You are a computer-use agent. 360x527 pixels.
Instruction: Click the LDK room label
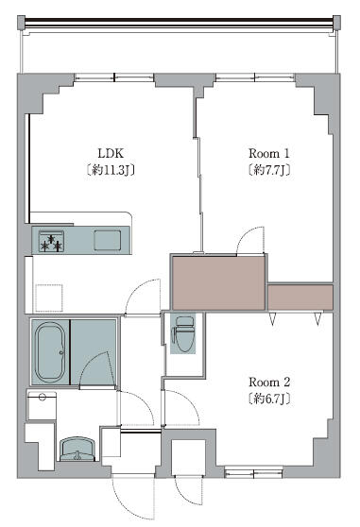click(x=111, y=153)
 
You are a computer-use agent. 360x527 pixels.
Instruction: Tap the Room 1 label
click(x=269, y=153)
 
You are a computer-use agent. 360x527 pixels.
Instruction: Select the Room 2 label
click(x=269, y=382)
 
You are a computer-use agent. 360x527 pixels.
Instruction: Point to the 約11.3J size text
click(x=111, y=170)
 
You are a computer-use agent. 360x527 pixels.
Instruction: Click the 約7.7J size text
click(x=269, y=170)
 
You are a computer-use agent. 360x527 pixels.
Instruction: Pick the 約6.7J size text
click(x=269, y=399)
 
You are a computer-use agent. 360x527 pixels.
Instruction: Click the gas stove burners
click(x=51, y=242)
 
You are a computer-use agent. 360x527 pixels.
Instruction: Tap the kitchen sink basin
click(x=107, y=240)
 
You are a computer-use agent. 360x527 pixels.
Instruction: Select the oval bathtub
click(x=50, y=351)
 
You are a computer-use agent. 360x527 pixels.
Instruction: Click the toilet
click(x=183, y=334)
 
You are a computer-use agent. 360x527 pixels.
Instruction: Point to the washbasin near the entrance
click(x=77, y=449)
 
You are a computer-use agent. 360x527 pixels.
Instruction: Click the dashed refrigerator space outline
click(x=49, y=297)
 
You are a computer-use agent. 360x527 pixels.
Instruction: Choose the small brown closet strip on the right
click(x=300, y=297)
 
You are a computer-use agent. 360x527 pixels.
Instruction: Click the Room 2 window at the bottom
click(x=253, y=473)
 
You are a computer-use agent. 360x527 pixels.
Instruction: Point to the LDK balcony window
click(x=114, y=77)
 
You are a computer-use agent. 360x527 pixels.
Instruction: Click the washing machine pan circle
click(x=43, y=397)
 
